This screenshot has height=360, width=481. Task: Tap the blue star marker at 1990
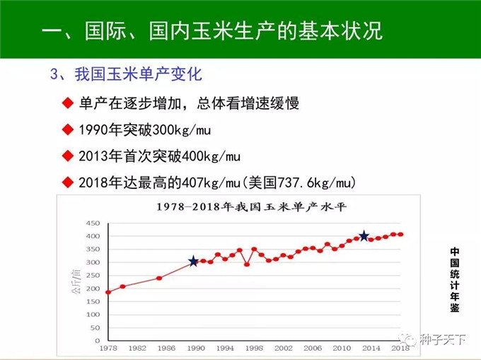193,262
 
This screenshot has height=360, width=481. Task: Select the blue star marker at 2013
364,236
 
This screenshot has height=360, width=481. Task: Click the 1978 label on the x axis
108,349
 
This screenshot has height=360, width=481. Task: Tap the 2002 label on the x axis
284,349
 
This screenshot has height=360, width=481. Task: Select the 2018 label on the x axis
400,349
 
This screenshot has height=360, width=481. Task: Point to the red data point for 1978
108,292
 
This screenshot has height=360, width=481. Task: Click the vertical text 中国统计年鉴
454,279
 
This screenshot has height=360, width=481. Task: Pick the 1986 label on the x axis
166,349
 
